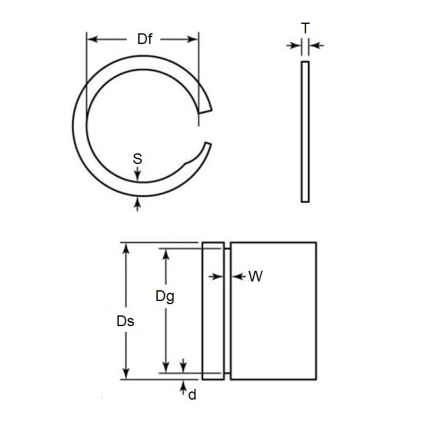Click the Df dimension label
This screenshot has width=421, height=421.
pyautogui.click(x=143, y=39)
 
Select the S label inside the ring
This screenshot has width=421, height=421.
pyautogui.click(x=138, y=159)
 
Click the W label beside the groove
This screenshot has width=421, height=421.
pyautogui.click(x=256, y=276)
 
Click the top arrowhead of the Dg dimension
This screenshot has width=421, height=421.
pyautogui.click(x=167, y=253)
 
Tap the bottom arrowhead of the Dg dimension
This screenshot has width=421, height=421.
pyautogui.click(x=167, y=368)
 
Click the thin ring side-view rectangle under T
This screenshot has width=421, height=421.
pyautogui.click(x=305, y=132)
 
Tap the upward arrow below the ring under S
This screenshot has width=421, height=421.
pyautogui.click(x=138, y=202)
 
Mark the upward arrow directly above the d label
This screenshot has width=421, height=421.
pyautogui.click(x=183, y=383)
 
